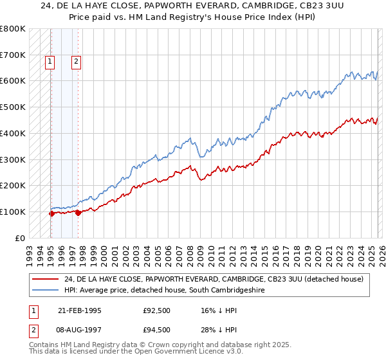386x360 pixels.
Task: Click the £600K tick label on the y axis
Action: click(x=13, y=81)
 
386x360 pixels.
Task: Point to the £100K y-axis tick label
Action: click(x=13, y=212)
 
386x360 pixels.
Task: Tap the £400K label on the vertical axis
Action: click(x=13, y=133)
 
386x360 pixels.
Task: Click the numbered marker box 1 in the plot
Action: click(x=50, y=62)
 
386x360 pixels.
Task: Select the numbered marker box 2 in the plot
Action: click(x=76, y=62)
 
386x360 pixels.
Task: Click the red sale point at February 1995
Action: click(x=51, y=214)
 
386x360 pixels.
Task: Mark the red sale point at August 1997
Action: click(x=78, y=213)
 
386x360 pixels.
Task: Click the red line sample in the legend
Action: click(x=46, y=279)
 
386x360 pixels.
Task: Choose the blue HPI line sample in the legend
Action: click(x=46, y=291)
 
